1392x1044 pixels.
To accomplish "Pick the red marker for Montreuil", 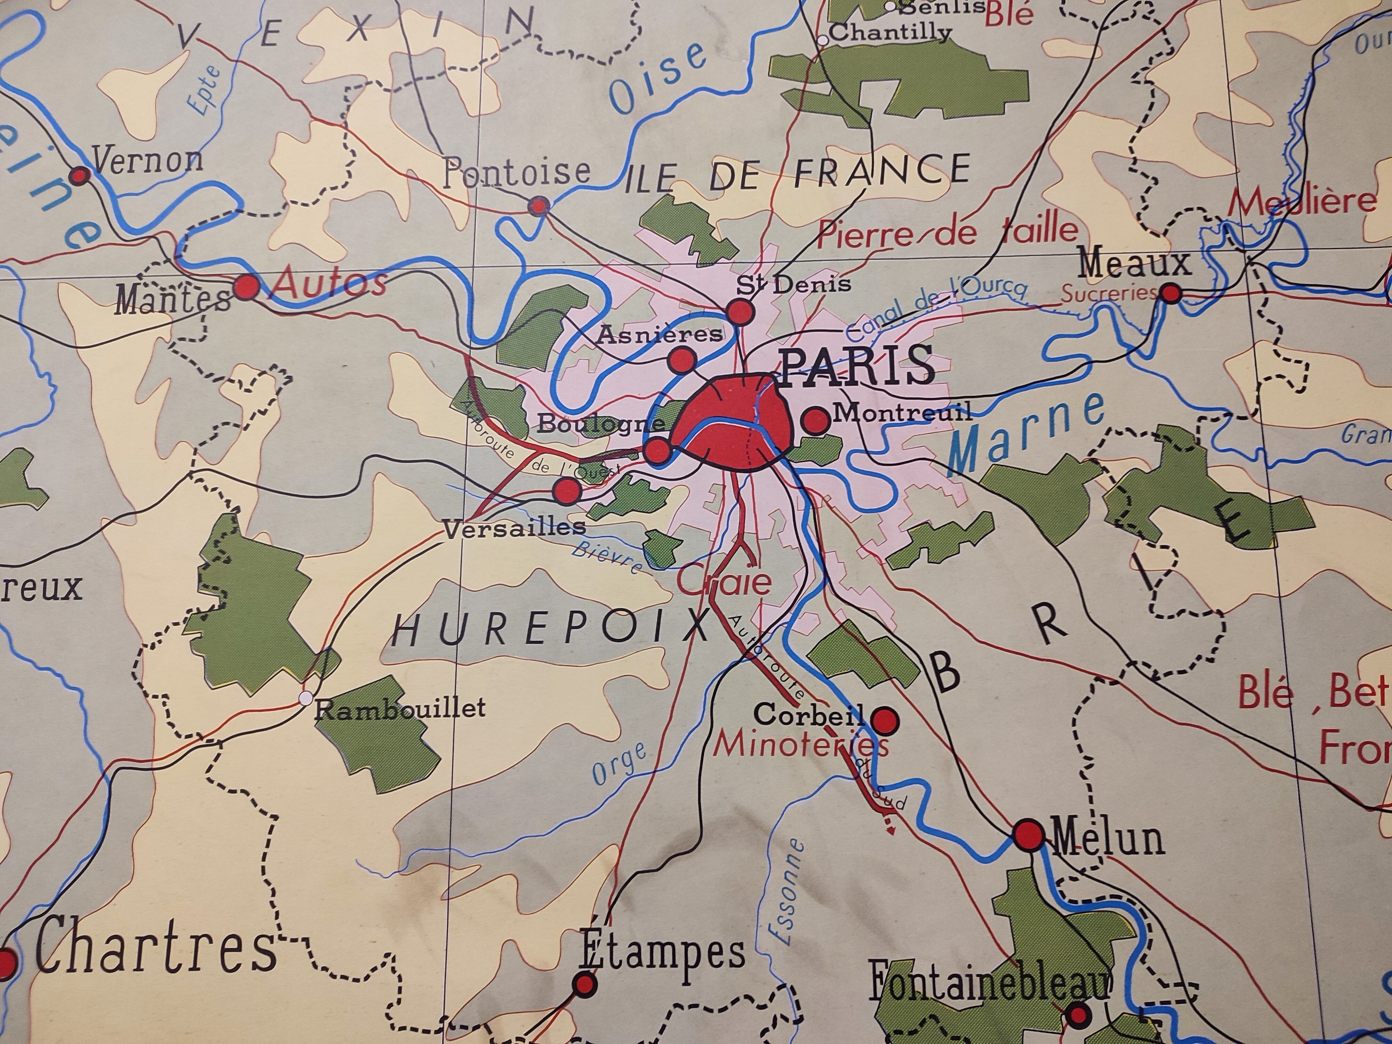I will (816, 420).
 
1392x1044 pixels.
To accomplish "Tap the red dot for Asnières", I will (681, 360).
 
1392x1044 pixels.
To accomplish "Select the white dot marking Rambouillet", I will (306, 698).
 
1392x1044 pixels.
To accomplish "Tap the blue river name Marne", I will (1026, 434).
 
